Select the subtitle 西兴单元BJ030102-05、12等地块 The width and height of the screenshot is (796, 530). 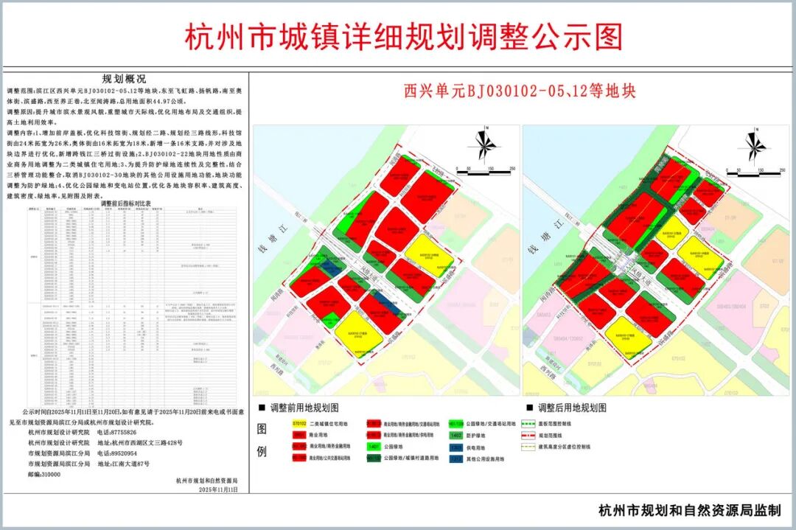[519, 91]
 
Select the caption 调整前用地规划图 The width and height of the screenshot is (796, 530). [304, 408]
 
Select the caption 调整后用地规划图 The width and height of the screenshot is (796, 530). [572, 408]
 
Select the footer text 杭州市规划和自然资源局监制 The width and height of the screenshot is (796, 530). [689, 510]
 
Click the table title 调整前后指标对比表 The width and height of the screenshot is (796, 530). [125, 203]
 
